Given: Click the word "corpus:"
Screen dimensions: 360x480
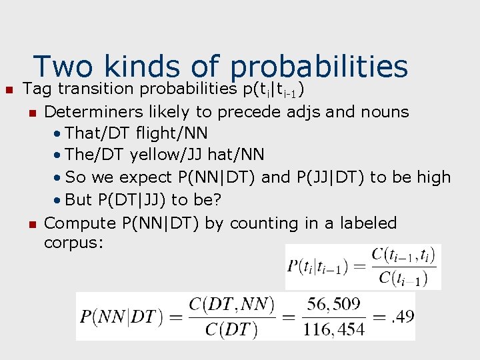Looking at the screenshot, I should (73, 242).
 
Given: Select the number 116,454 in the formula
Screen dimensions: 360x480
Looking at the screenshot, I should (334, 328).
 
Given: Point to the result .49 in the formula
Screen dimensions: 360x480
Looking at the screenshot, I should (403, 316).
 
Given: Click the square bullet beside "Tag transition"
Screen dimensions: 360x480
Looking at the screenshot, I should (9, 89).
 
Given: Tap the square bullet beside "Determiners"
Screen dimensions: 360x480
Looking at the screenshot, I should (31, 111).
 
